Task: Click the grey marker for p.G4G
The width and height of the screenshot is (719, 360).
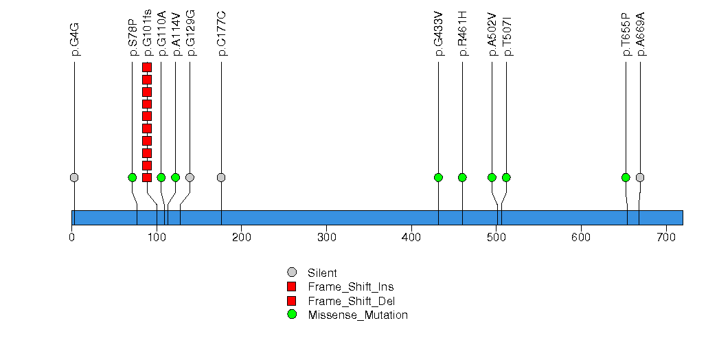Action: [74, 177]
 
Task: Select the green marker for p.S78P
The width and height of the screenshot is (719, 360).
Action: [133, 177]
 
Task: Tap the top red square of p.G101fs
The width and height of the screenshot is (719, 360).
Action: [147, 67]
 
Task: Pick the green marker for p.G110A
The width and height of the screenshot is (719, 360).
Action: [161, 177]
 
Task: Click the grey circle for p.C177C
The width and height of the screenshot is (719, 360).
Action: [221, 177]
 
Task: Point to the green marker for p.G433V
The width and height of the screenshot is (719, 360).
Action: [438, 177]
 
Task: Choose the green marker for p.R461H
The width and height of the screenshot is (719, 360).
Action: [462, 177]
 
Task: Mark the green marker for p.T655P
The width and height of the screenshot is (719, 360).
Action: [626, 177]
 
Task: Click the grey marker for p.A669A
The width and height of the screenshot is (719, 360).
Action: [640, 177]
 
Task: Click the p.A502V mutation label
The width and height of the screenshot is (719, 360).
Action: [492, 34]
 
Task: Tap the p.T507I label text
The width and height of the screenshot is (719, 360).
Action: [507, 37]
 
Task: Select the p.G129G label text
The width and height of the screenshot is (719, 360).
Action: [190, 33]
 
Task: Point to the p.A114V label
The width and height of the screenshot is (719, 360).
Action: [176, 34]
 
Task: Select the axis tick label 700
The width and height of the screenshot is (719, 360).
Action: [666, 237]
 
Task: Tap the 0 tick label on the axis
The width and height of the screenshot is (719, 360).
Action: [72, 237]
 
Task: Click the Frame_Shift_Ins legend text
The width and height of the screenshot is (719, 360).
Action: [351, 287]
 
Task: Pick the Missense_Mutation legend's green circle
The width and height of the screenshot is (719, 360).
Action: [292, 315]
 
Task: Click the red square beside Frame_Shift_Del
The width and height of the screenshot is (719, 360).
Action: [292, 301]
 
